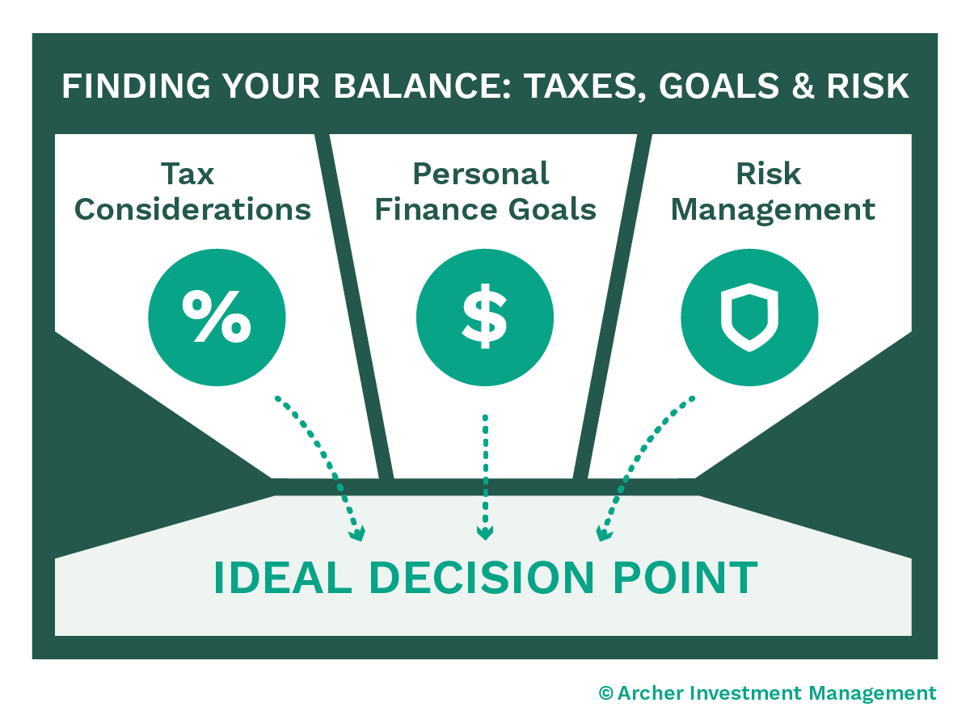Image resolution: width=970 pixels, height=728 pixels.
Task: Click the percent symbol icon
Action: [x=217, y=316]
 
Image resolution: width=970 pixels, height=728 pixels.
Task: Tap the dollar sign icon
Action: [x=484, y=316]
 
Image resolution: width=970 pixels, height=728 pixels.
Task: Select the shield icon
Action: [x=749, y=317]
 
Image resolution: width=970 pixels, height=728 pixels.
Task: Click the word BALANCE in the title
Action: [x=422, y=86]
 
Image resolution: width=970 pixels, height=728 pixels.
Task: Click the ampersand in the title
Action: [x=803, y=86]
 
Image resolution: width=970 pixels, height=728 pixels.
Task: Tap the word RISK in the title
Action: [x=868, y=86]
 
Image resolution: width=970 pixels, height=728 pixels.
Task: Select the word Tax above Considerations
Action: [x=188, y=174]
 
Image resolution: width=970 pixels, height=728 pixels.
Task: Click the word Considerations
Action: [x=192, y=209]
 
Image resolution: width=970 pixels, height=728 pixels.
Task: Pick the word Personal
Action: [x=481, y=174]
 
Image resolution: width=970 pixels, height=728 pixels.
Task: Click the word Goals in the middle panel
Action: [x=552, y=209]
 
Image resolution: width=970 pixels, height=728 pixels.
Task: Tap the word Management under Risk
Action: [x=773, y=210]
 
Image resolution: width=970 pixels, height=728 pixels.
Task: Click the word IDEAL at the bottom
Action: [x=283, y=578]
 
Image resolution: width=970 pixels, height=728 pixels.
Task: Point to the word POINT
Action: [x=685, y=578]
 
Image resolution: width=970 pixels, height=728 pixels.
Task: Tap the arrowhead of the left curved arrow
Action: [x=358, y=533]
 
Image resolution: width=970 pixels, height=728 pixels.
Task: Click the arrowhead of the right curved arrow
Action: [x=603, y=533]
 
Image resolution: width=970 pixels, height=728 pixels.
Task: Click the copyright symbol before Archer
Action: [x=606, y=692]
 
